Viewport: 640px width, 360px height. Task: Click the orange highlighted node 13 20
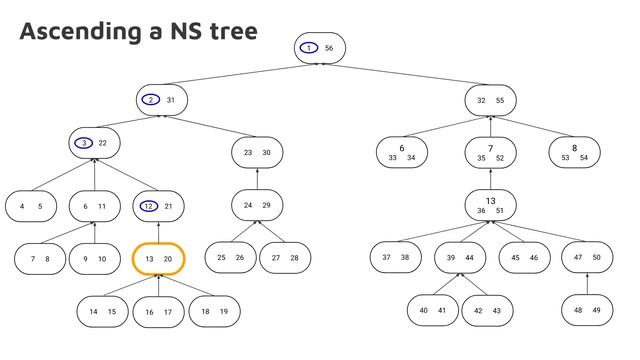click(159, 258)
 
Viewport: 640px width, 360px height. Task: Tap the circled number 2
click(150, 100)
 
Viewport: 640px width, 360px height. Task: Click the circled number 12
click(147, 206)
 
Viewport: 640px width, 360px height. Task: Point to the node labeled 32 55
click(490, 100)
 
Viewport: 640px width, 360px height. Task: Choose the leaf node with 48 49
click(587, 310)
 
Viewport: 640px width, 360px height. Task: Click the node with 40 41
click(432, 310)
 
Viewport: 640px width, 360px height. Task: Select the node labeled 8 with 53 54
click(574, 152)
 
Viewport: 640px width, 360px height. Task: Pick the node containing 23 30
click(257, 152)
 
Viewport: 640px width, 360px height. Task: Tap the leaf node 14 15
click(102, 311)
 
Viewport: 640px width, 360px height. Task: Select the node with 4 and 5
click(30, 206)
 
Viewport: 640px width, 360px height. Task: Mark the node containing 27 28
click(285, 258)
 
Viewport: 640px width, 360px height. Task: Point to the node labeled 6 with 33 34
click(402, 152)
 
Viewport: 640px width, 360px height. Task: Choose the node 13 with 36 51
click(490, 204)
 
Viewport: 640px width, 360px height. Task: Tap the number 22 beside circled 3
click(103, 143)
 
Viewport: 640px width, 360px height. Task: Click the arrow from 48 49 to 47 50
click(587, 284)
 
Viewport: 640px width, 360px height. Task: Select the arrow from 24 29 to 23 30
click(257, 179)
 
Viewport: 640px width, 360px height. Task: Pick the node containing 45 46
click(524, 257)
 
